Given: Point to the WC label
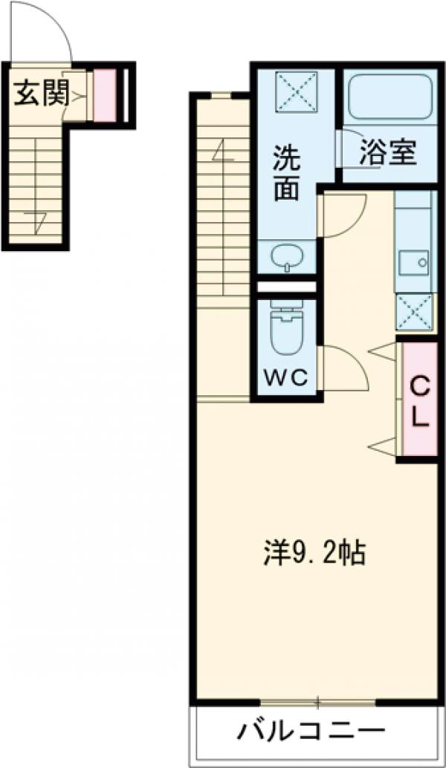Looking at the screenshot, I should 286,378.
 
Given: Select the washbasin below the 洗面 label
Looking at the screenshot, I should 286,257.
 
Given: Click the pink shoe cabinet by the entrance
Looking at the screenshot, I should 105,94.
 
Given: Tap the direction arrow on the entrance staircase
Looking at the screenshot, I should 39,219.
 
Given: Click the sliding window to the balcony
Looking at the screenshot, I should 318,701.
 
